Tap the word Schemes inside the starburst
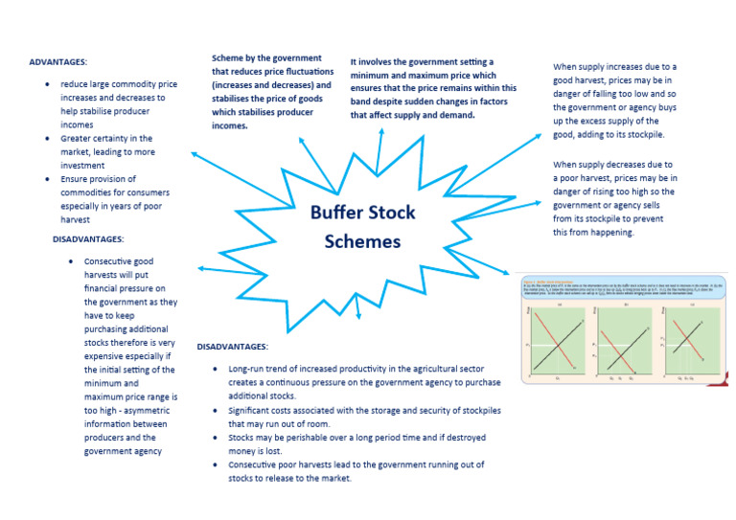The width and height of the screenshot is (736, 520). coord(362,241)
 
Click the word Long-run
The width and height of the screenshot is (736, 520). coord(250,369)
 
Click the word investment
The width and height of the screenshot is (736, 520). coord(85,165)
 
